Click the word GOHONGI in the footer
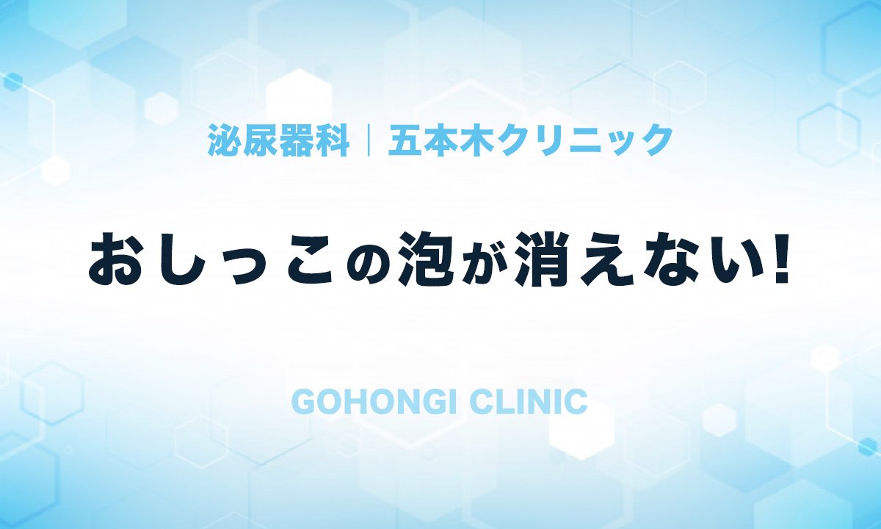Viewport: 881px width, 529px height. pos(373,402)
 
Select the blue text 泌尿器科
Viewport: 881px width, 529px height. pos(278,140)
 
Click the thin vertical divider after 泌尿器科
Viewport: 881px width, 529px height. pos(369,140)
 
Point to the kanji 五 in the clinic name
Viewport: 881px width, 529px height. pos(405,140)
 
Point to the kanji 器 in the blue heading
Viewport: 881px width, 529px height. pos(296,140)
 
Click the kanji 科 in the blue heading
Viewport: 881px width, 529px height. pos(332,140)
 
